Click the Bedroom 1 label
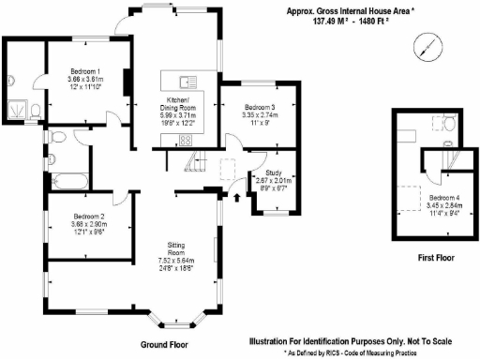pos(85,73)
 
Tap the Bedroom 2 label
pos(88,217)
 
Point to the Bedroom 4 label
pos(444,199)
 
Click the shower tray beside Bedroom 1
pos(18,112)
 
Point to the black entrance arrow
pos(234,195)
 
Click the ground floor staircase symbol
pos(191,163)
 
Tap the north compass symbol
pos(427,45)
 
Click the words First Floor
pos(438,257)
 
